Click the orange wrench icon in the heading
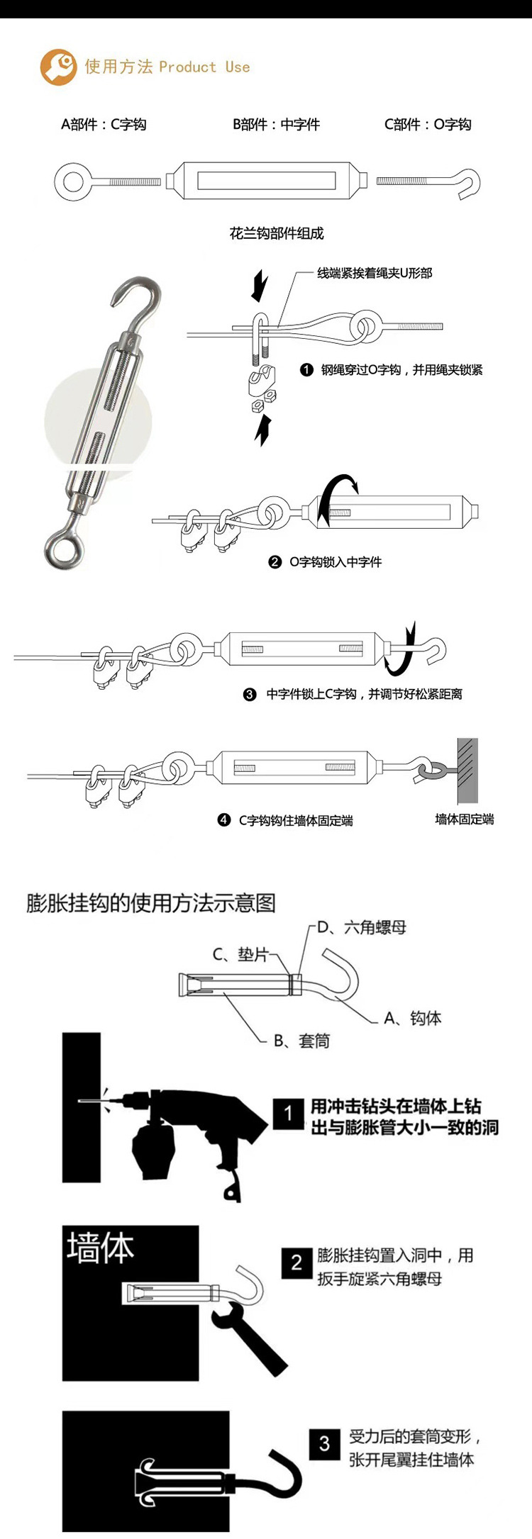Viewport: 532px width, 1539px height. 58,67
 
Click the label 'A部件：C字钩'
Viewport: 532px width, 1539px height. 104,125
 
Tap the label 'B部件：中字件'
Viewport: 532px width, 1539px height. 277,125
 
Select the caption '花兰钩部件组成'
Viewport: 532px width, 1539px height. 277,233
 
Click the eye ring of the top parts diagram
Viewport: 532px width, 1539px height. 72,181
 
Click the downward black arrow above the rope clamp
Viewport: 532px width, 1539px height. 260,285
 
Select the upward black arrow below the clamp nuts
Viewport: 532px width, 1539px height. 263,430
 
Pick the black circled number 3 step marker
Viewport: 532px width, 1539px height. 250,695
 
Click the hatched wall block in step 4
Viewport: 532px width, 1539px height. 467,770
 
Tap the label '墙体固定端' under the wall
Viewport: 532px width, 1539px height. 465,819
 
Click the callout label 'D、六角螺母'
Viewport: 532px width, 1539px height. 362,927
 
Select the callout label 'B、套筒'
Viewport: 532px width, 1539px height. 302,1041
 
